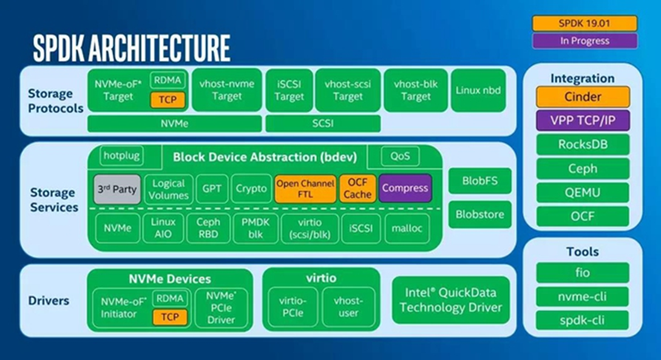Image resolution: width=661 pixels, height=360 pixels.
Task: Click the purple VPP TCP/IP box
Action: tap(583, 121)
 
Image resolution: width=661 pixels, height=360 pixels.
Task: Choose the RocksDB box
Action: tap(583, 145)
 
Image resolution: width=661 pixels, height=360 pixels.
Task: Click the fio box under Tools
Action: tap(583, 273)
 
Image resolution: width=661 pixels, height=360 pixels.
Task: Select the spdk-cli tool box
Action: tap(583, 320)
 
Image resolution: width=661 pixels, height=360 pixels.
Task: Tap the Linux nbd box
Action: tap(478, 90)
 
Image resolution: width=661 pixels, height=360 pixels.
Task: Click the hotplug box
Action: tap(121, 156)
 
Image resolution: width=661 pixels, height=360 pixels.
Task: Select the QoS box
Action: tap(400, 156)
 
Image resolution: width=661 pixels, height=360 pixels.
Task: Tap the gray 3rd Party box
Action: tap(117, 189)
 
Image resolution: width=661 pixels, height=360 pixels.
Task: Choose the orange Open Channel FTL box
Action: tap(305, 189)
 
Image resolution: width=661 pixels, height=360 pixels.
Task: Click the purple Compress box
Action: tap(405, 188)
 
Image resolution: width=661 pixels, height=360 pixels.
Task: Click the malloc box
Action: tap(407, 228)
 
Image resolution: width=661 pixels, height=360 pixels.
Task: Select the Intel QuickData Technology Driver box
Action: tap(451, 300)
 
